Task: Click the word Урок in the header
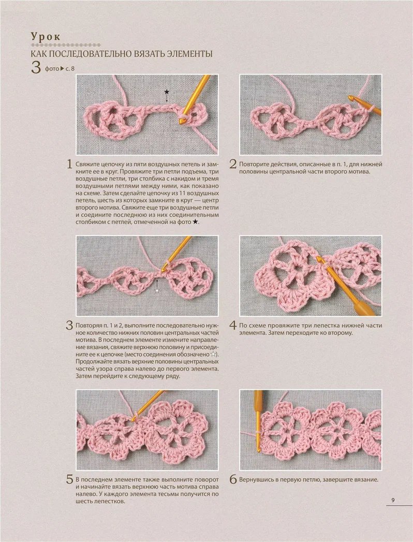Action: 46,37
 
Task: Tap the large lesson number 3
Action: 36,67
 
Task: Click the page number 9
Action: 393,500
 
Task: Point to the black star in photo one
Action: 167,92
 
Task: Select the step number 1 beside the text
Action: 70,164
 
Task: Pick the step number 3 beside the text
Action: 70,325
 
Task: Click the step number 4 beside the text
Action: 233,325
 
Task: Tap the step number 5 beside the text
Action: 70,479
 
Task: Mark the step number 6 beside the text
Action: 233,479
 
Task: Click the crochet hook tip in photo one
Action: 181,121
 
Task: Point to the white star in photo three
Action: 158,291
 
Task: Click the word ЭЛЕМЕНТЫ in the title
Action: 190,54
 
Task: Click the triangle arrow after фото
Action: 63,68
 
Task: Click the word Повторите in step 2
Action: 253,165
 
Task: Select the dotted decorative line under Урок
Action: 66,45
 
